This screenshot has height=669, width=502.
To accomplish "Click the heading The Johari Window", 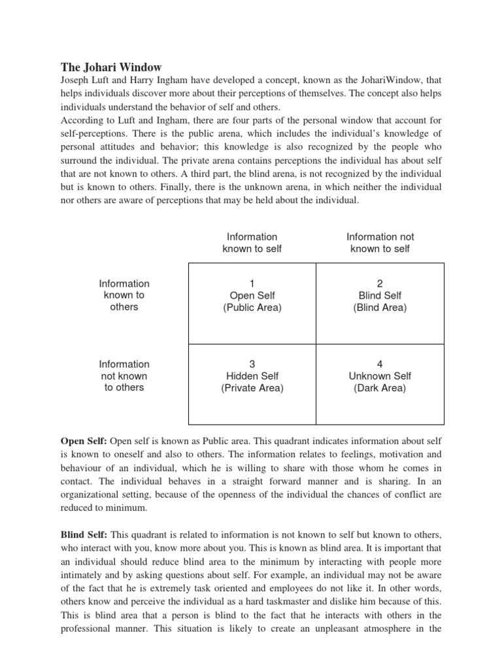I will pyautogui.click(x=111, y=67).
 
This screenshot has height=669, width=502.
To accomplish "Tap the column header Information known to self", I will pyautogui.click(x=252, y=242).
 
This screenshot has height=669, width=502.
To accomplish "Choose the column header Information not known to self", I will pyautogui.click(x=380, y=242).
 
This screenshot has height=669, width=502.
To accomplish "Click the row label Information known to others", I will pyautogui.click(x=124, y=295).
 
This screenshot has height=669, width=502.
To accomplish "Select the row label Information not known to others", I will pyautogui.click(x=124, y=376).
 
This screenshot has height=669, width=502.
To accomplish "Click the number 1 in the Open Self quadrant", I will pyautogui.click(x=252, y=284).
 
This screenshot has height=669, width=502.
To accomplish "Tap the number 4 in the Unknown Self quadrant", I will pyautogui.click(x=380, y=364).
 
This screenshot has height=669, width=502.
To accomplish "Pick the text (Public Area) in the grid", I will pyautogui.click(x=252, y=308).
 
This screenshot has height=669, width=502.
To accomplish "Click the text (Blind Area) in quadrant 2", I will pyautogui.click(x=380, y=308).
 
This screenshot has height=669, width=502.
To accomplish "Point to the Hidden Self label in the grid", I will pyautogui.click(x=252, y=376).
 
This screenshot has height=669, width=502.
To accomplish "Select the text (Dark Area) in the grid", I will pyautogui.click(x=380, y=388).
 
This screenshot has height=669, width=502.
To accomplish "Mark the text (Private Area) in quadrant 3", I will pyautogui.click(x=252, y=388).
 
